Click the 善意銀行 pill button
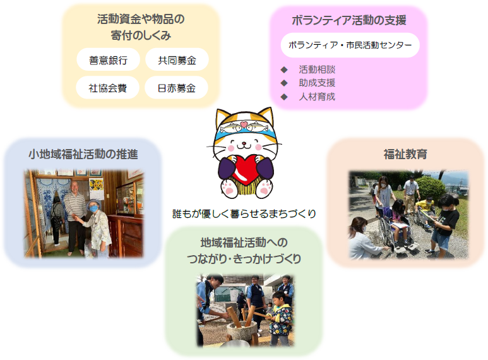109,59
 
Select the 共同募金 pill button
177,59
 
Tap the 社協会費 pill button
108,88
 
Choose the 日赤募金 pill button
177,88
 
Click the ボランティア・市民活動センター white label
350,45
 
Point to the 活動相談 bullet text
317,69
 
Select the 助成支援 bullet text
317,83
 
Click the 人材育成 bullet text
317,97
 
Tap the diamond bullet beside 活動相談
284,69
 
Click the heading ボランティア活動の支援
349,20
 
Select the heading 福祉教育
405,154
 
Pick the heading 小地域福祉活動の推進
83,154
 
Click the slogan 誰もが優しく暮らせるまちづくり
244,213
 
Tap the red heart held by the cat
245,170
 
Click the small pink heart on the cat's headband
244,125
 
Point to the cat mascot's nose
244,143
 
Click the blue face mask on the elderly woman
94,208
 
